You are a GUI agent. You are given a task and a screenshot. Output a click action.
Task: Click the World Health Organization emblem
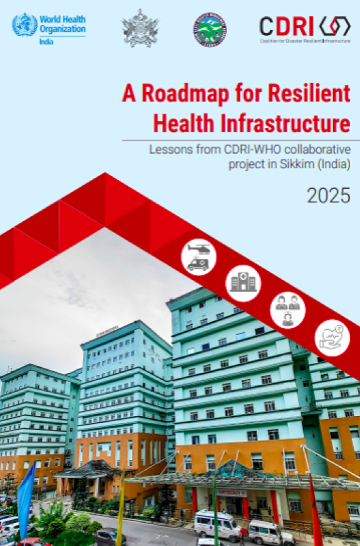25,25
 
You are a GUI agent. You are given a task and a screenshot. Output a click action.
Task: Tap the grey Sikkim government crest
140,29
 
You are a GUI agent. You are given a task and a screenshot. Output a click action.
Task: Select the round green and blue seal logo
209,29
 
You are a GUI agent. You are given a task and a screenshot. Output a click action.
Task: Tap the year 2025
328,196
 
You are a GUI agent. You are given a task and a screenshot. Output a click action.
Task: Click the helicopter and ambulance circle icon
199,257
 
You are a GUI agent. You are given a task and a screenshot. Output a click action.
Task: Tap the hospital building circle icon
242,283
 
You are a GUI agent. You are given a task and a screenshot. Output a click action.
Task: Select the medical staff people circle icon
287,310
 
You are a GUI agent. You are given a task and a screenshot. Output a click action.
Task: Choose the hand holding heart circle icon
332,338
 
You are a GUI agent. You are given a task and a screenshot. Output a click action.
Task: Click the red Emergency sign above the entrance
231,492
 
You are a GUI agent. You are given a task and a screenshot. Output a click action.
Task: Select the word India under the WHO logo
46,41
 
